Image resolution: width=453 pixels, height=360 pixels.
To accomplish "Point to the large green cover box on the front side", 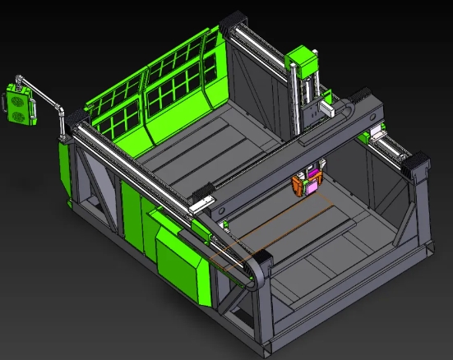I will [181, 261].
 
